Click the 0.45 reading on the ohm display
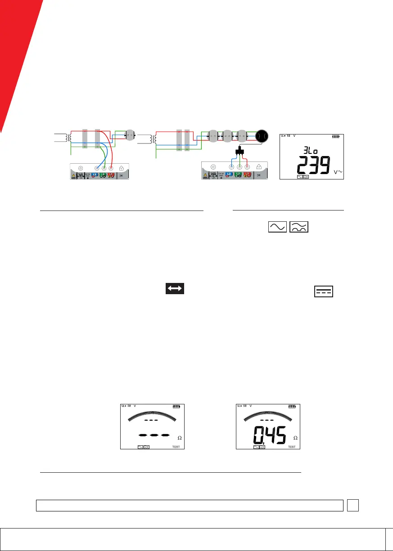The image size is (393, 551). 269,435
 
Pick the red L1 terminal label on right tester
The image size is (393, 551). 247,174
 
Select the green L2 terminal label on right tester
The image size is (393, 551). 239,174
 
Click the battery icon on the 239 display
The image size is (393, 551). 336,136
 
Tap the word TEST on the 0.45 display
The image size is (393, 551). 292,447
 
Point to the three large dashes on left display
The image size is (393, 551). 154,435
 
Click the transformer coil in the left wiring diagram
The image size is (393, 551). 71,137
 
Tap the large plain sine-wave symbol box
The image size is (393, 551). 276,228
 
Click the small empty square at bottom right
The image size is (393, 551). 352,506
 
